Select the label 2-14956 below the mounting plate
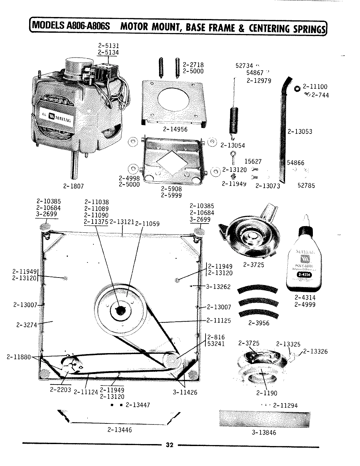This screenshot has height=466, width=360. (175, 129)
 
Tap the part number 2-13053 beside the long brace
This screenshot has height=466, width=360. (300, 132)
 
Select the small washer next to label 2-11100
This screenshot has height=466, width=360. (297, 88)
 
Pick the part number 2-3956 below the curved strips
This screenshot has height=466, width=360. (259, 323)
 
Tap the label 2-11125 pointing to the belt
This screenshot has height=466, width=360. (219, 320)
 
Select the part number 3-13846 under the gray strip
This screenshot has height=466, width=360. (264, 433)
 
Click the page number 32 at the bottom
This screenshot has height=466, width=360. (170, 445)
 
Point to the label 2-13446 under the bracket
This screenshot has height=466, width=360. (119, 430)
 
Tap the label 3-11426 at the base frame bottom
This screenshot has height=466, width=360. (185, 392)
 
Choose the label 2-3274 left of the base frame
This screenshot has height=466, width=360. (26, 325)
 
